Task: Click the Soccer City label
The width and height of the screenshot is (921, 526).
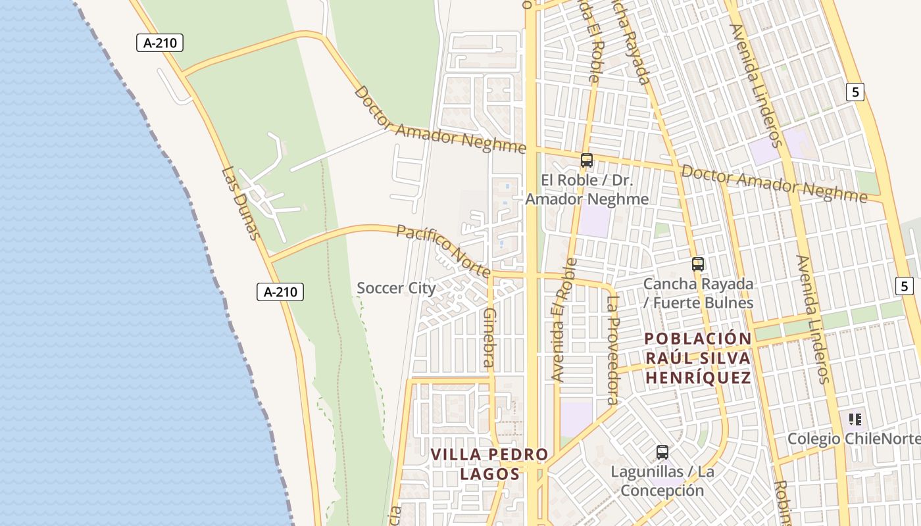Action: click(396, 288)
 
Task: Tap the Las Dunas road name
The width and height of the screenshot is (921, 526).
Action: click(241, 203)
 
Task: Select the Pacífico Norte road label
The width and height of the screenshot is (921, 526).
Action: click(443, 251)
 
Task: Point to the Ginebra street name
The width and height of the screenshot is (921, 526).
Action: click(488, 337)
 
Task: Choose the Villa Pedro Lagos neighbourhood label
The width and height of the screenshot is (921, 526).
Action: click(489, 464)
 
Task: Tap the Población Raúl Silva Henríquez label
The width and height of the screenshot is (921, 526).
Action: click(698, 358)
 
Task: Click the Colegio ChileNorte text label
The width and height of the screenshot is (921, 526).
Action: click(854, 439)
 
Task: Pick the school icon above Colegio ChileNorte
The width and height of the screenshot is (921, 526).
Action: click(855, 419)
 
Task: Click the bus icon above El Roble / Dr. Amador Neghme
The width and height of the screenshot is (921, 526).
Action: click(586, 160)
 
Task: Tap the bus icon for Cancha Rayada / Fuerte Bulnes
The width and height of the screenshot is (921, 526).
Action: click(698, 264)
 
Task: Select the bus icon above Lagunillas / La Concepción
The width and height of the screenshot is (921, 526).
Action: click(662, 452)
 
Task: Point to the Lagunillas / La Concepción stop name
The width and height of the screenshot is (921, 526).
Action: click(662, 481)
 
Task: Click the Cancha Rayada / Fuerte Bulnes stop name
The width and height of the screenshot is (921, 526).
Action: click(698, 293)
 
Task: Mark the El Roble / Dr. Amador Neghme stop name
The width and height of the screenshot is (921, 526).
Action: click(587, 189)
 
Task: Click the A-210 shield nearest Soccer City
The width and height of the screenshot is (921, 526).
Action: click(280, 292)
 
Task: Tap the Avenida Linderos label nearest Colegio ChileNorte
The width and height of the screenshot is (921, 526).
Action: click(814, 320)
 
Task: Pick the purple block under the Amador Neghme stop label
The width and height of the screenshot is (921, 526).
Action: click(595, 222)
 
